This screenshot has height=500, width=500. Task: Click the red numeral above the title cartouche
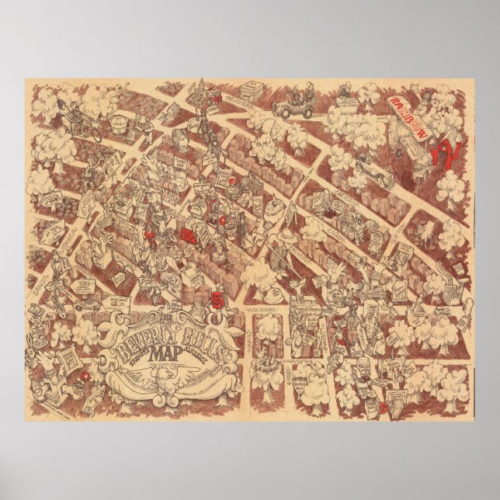218,297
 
